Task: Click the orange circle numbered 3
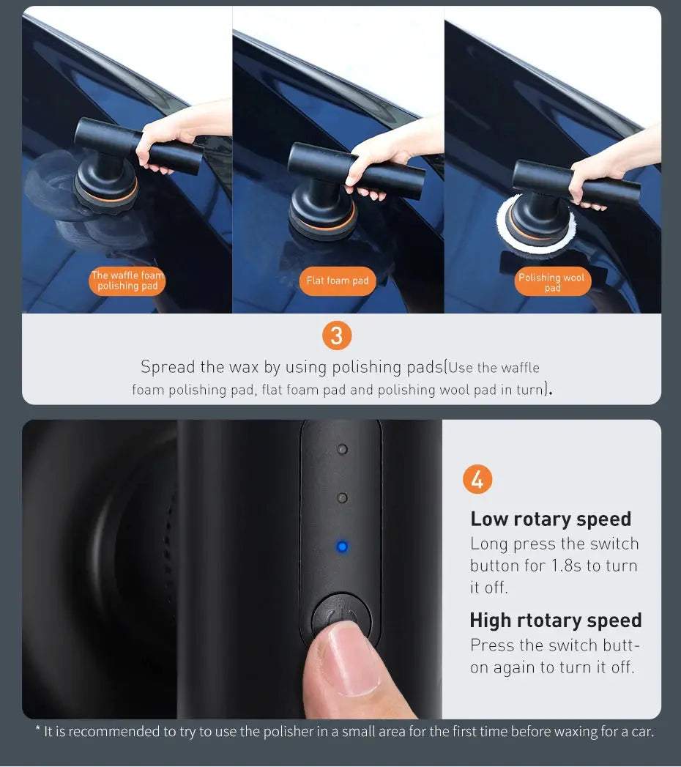pos(337,336)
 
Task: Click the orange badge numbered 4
pos(477,480)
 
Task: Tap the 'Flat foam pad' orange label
pos(338,281)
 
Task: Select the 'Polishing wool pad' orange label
pos(552,282)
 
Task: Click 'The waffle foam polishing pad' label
pos(127,281)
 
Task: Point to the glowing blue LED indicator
pos(341,546)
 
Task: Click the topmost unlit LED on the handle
pos(342,449)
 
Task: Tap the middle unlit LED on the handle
pos(342,498)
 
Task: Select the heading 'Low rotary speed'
pos(550,519)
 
